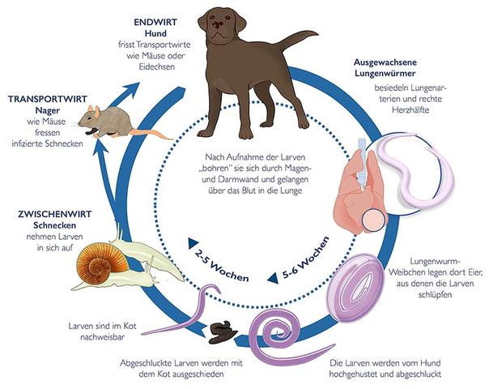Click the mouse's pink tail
(x=151, y=131)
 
